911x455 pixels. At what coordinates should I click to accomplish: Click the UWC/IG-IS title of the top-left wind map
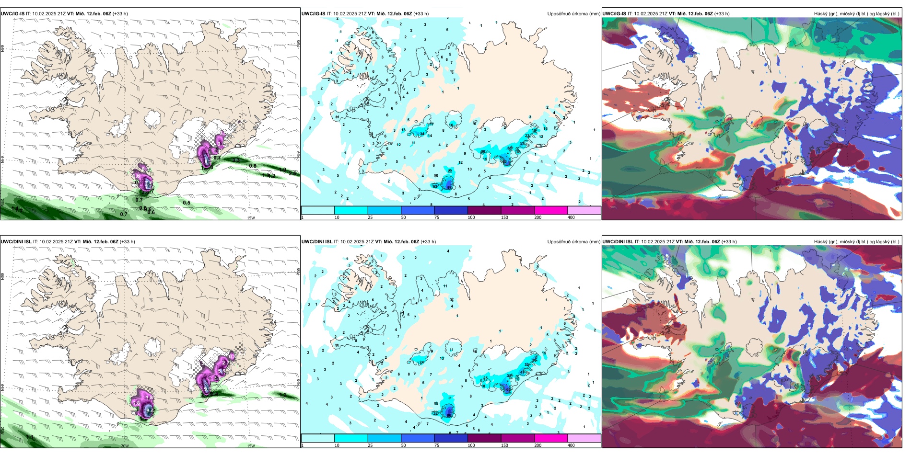coord(12,14)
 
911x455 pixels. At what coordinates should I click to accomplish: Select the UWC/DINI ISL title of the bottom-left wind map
coord(16,242)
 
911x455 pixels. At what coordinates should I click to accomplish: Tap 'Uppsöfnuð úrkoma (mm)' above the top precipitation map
coord(573,14)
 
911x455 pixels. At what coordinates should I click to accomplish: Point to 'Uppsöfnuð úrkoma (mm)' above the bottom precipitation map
coord(573,242)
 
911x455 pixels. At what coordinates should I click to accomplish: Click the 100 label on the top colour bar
coord(471,217)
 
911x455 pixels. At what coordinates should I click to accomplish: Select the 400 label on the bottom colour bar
coord(571,445)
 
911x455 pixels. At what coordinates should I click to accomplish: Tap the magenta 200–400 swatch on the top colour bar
coord(550,210)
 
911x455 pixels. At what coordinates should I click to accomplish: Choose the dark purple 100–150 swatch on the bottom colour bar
coord(484,438)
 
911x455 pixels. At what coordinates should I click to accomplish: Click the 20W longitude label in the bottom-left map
coord(125,446)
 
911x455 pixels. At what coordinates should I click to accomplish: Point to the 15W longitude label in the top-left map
coord(251,218)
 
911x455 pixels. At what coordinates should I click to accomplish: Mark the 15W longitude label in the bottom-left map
coord(251,446)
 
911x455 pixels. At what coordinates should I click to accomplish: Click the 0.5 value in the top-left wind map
coord(187,203)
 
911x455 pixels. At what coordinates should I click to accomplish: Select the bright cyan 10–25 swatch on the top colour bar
coord(351,210)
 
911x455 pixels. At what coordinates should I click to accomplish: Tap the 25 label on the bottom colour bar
coord(370,445)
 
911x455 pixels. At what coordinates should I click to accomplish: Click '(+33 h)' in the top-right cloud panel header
coord(722,14)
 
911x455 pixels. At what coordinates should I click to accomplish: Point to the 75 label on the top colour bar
coord(437,217)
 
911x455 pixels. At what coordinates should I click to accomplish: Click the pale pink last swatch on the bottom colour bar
coord(584,438)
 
